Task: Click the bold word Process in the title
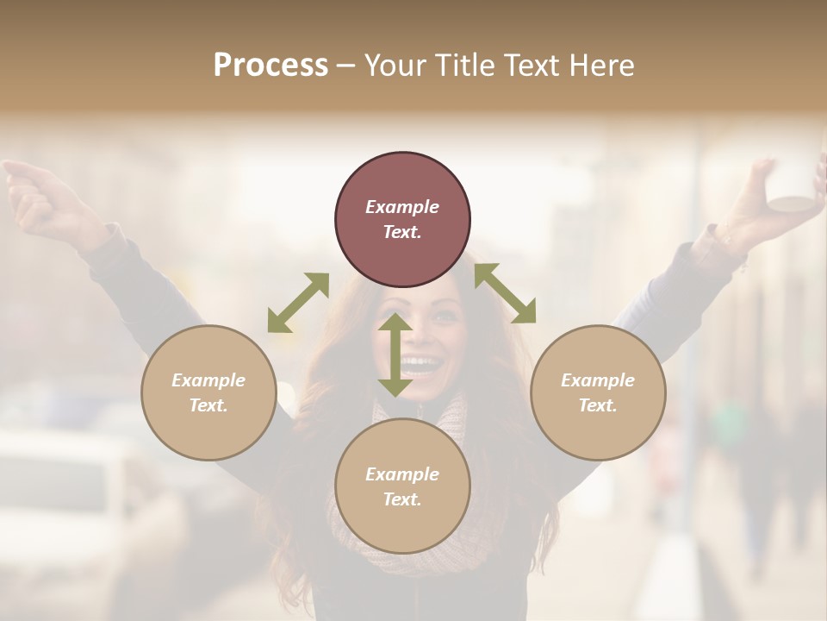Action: (270, 65)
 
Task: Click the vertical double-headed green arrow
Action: (395, 354)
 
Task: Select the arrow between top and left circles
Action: (297, 303)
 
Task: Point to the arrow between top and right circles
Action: (505, 293)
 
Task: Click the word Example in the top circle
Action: (402, 207)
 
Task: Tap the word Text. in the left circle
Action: (208, 405)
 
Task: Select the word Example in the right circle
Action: (598, 380)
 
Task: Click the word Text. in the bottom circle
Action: (402, 499)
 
